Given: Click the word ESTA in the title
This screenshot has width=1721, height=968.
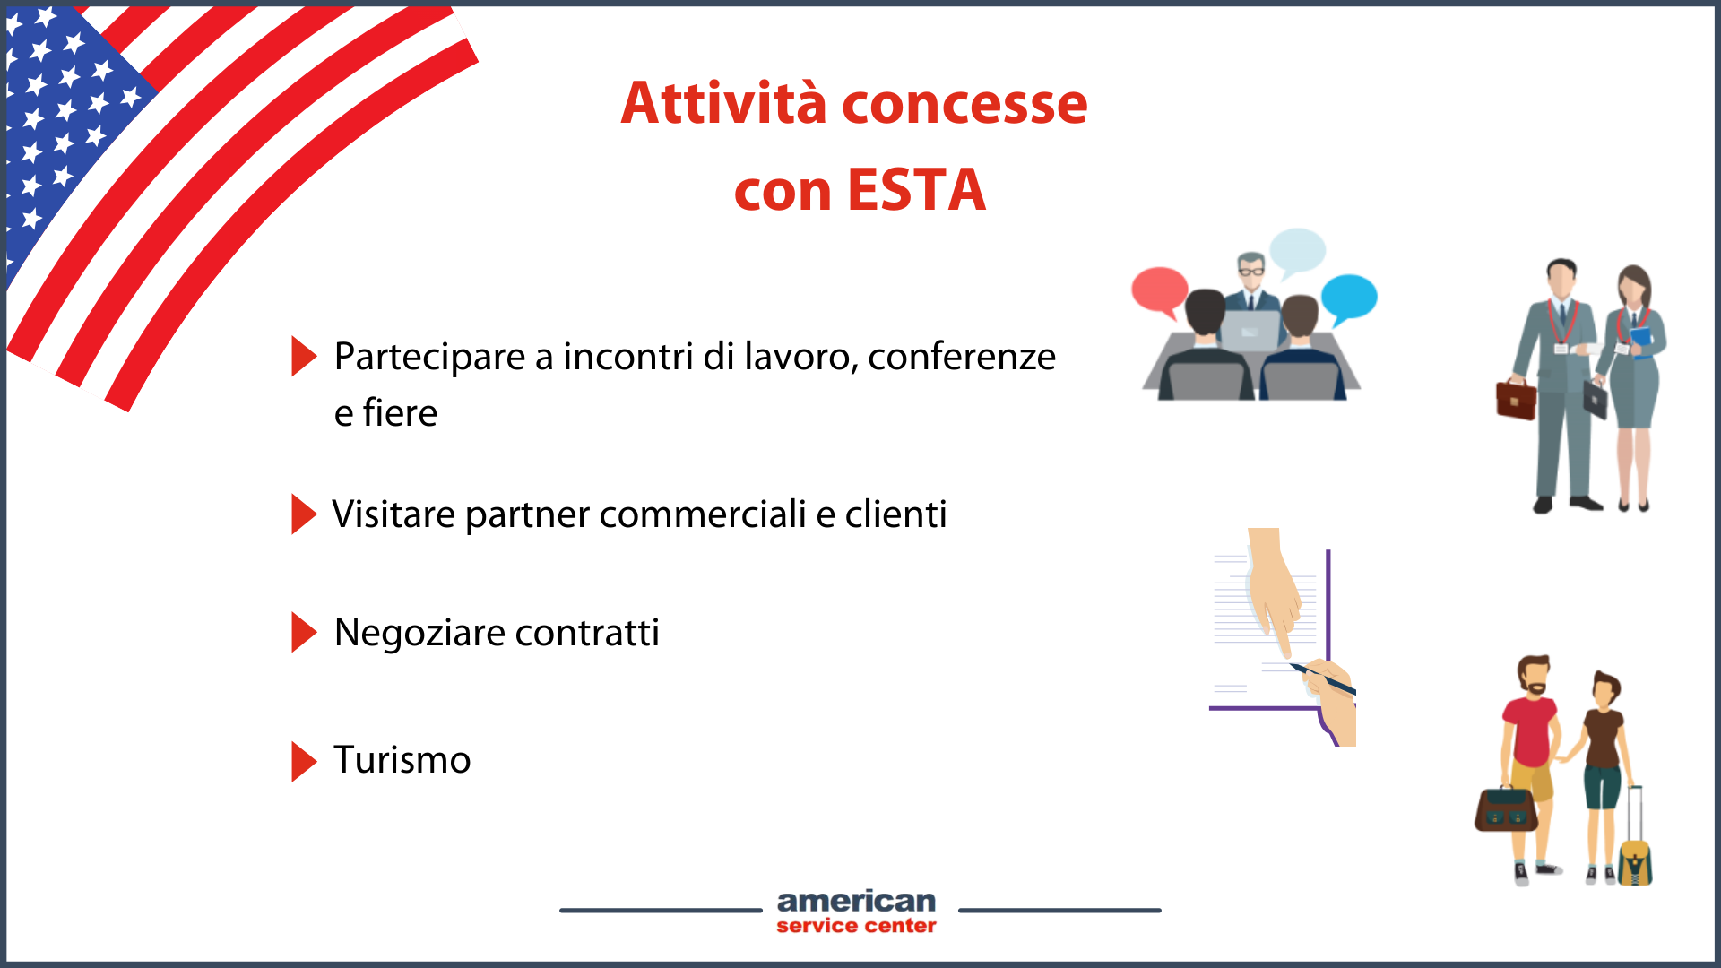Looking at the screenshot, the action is (x=916, y=190).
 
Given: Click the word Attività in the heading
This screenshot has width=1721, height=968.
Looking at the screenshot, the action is (x=723, y=102).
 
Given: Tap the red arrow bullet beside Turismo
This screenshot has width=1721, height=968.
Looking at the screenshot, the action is (x=304, y=761).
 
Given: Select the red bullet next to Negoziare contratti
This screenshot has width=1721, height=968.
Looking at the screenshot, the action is (x=304, y=633).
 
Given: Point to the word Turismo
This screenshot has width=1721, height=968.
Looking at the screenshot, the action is (x=402, y=760).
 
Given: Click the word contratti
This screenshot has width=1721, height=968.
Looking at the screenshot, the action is (x=587, y=633).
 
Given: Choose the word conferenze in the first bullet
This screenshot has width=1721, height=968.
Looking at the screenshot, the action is (x=962, y=357).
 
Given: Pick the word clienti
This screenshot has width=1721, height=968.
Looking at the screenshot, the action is (x=895, y=514).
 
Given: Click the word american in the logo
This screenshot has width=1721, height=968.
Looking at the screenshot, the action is (x=856, y=901).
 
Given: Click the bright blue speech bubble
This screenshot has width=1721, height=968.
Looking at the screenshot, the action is (x=1349, y=298).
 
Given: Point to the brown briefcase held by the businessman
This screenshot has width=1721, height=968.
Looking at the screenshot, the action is (x=1516, y=401).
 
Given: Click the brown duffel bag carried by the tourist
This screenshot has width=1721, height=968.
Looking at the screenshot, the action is (x=1506, y=808).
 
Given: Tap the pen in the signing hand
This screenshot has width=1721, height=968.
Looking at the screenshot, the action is (x=1322, y=678).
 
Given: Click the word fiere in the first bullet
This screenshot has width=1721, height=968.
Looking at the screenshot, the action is (x=400, y=413).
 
